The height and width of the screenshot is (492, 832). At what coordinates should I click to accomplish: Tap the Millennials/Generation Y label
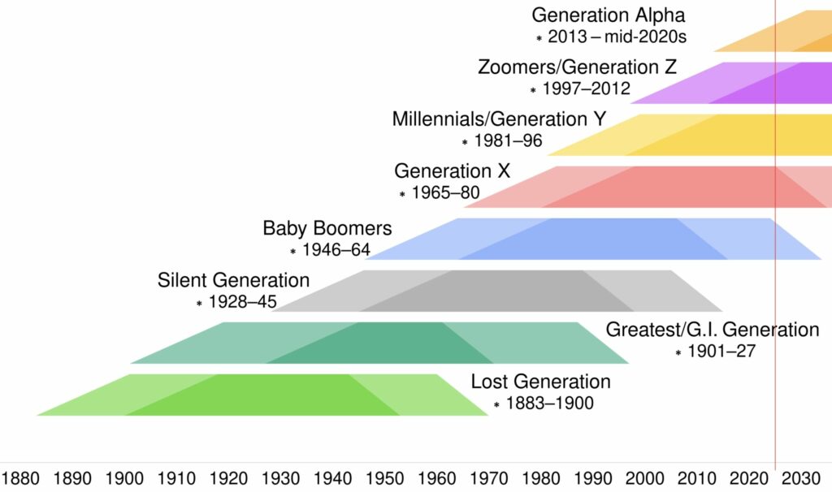pyautogui.click(x=499, y=119)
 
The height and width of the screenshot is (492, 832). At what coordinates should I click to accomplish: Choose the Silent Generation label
pyautogui.click(x=233, y=281)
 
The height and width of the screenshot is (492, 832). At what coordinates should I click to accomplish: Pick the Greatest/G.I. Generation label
pyautogui.click(x=713, y=330)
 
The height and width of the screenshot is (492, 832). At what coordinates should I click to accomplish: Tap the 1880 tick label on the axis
pyautogui.click(x=22, y=477)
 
